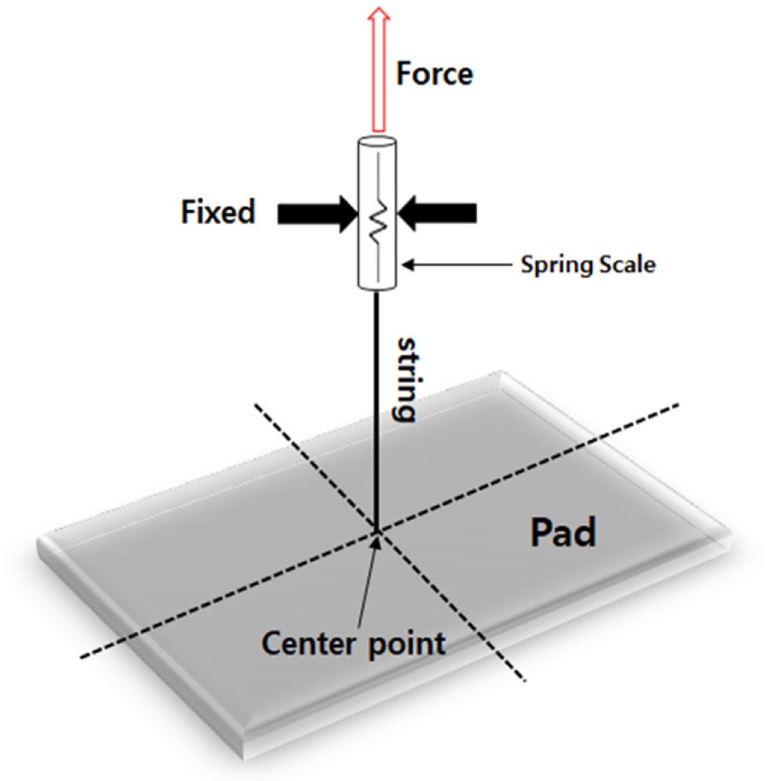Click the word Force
click(435, 74)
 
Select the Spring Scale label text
click(588, 264)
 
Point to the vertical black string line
click(378, 406)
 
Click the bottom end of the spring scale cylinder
click(378, 286)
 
